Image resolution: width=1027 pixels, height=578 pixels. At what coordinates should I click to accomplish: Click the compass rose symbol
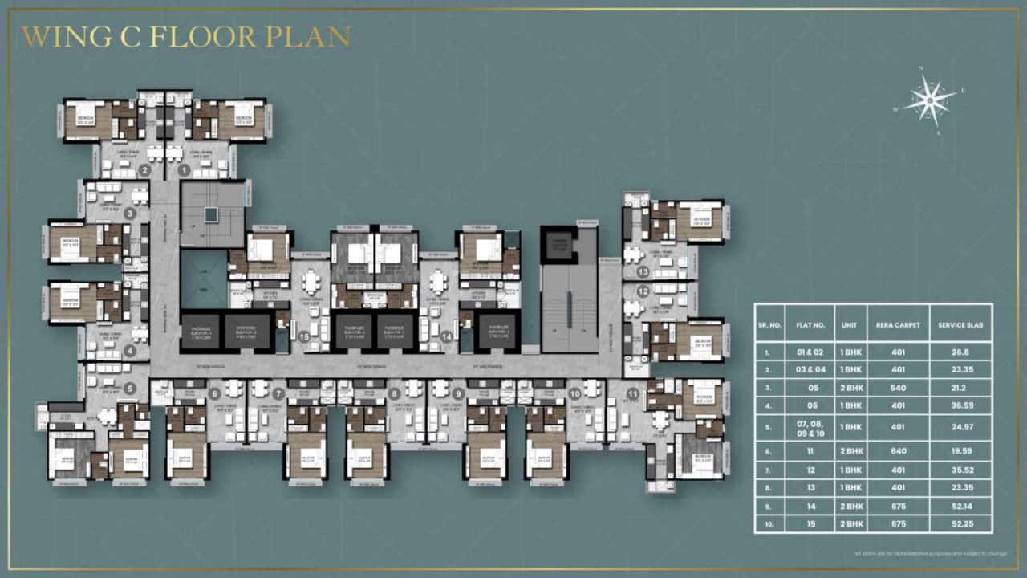pos(930,100)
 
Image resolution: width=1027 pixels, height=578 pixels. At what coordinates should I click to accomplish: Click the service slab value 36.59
pos(960,405)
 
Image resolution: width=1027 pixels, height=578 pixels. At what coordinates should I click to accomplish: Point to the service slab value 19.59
pos(960,451)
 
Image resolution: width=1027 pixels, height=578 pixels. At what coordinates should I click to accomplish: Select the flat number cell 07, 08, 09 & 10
pos(810,427)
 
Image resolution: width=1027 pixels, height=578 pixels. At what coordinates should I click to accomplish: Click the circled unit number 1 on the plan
pos(184,170)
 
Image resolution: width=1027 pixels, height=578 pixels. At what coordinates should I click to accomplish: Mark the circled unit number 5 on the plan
pos(130,389)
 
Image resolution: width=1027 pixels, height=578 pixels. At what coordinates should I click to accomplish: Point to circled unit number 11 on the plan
pos(632,393)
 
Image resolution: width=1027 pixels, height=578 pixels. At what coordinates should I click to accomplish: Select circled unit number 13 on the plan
pos(643,272)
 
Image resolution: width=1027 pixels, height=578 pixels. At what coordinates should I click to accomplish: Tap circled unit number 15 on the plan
pos(304,337)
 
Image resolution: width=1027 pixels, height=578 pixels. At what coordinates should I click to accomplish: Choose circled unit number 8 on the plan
pos(394,393)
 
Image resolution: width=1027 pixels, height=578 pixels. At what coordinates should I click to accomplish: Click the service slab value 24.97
pos(960,427)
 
